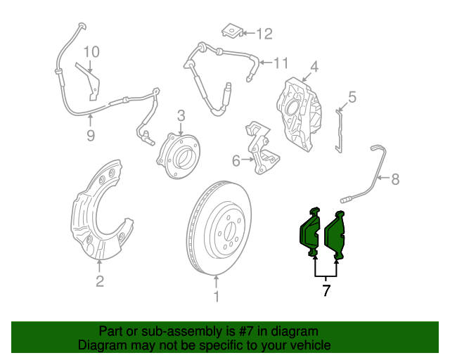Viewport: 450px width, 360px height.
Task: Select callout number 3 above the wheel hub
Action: pyautogui.click(x=181, y=115)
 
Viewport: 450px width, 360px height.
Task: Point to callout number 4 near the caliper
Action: pyautogui.click(x=314, y=67)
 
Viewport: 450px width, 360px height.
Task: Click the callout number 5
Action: pyautogui.click(x=352, y=98)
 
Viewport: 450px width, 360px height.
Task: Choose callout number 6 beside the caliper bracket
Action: pyautogui.click(x=236, y=161)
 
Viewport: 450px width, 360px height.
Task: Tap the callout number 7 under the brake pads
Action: pyautogui.click(x=326, y=290)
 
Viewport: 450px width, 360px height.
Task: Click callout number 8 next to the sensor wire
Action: pyautogui.click(x=395, y=179)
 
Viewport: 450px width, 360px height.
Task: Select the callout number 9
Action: pyautogui.click(x=91, y=136)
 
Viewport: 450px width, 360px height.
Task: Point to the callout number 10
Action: pyautogui.click(x=92, y=51)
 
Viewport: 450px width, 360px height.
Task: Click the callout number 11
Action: pyautogui.click(x=281, y=63)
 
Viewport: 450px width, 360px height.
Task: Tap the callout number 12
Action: pyautogui.click(x=263, y=33)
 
